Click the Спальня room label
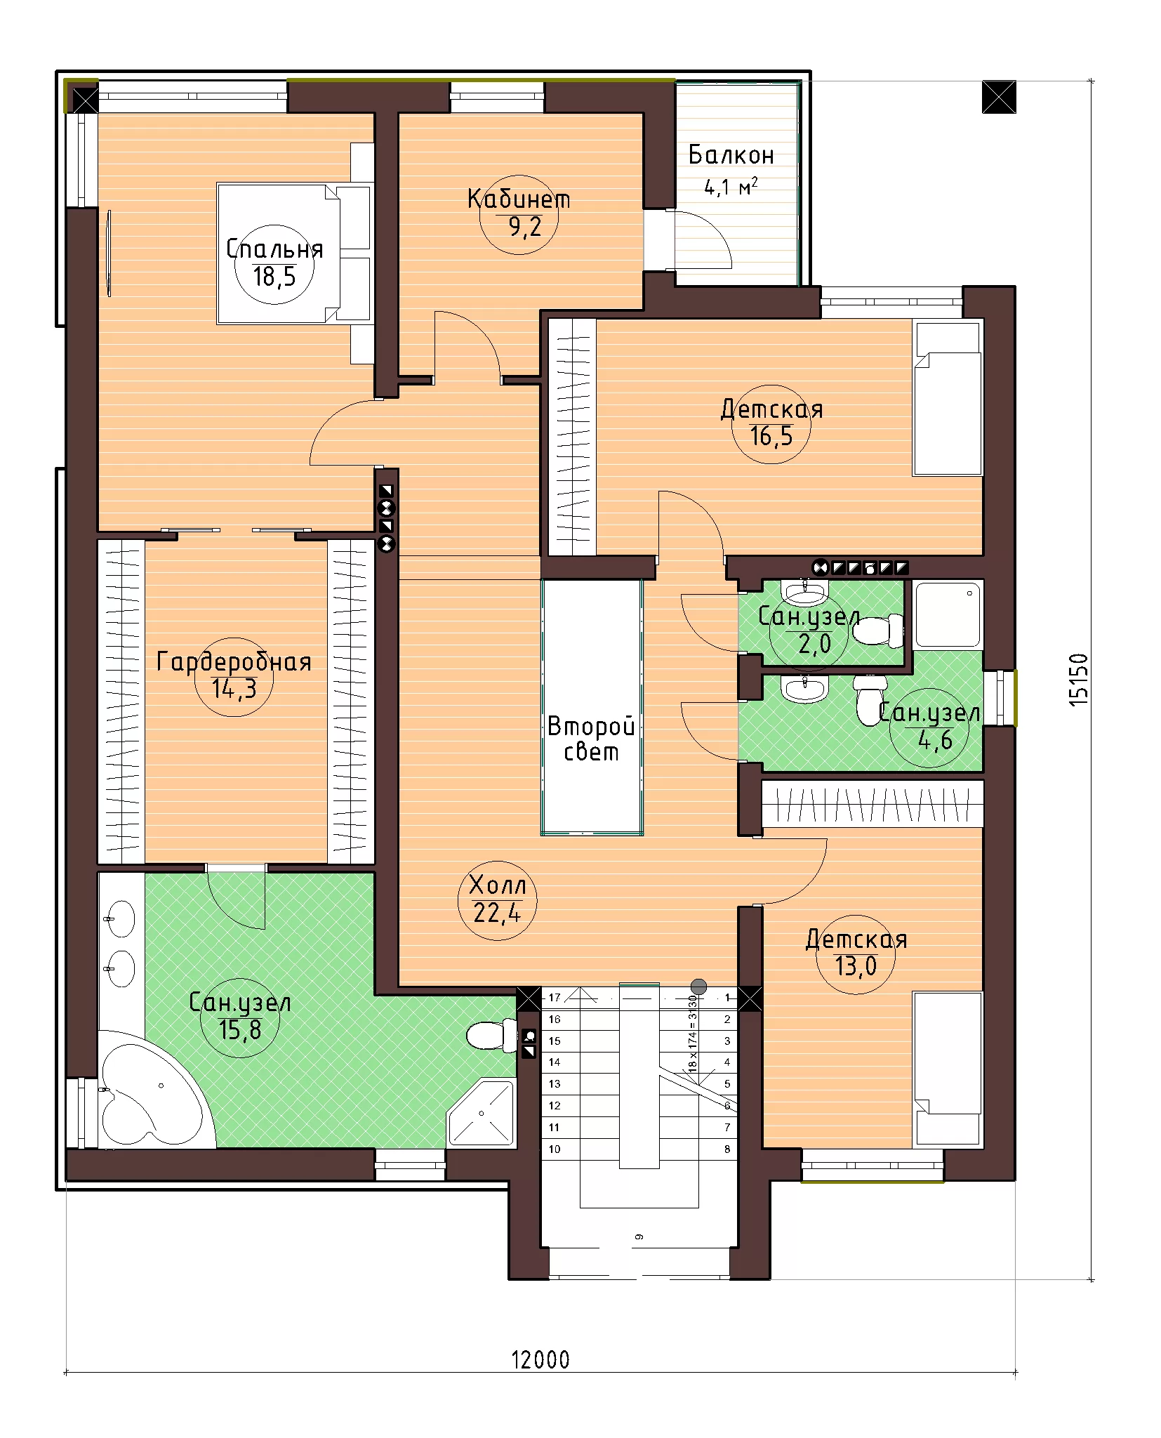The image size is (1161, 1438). (x=274, y=249)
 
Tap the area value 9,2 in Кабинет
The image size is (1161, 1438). (x=525, y=227)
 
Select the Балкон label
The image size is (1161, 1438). (x=731, y=154)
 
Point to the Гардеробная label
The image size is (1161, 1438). (x=234, y=661)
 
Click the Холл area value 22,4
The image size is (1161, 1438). (x=497, y=913)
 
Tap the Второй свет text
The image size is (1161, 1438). (x=591, y=739)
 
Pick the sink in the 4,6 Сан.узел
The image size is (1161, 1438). (x=805, y=689)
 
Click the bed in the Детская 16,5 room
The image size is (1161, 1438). (x=947, y=398)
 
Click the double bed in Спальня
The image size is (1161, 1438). (x=294, y=253)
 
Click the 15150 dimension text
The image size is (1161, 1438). (x=1078, y=680)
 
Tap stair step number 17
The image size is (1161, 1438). (x=555, y=997)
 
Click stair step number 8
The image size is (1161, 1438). (x=727, y=1149)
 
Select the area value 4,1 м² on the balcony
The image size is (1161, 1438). (x=731, y=187)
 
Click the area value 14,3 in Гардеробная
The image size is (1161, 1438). (x=234, y=689)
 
